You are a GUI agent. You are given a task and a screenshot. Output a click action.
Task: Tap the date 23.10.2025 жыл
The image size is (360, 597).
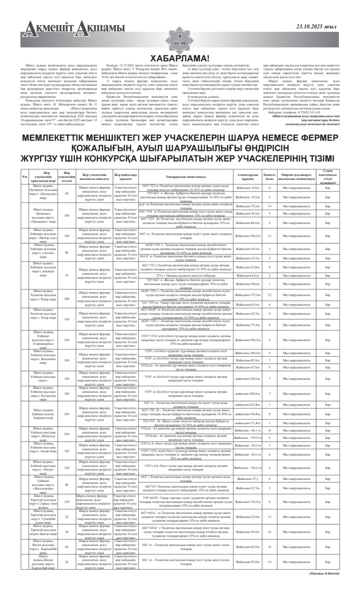point(316,26)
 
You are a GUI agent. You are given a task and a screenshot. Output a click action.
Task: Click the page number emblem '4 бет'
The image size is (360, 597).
point(179,39)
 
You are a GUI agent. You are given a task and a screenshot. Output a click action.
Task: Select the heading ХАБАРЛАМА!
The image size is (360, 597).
point(179,58)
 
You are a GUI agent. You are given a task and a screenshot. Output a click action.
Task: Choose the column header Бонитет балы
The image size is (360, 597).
point(269,176)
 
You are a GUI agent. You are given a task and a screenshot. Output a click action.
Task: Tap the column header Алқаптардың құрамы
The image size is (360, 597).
point(247,176)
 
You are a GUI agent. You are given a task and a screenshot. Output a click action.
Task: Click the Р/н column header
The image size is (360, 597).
point(25,176)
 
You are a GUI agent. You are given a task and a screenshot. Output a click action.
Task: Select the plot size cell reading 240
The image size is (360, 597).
point(67,216)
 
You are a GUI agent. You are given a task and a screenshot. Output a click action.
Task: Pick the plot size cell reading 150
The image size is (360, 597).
point(67,502)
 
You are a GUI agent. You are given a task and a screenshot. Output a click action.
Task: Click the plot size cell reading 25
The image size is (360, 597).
point(67,517)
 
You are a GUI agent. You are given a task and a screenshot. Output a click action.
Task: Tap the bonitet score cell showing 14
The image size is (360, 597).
point(269,206)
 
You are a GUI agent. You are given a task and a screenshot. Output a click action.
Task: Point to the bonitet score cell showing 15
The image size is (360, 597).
point(269,517)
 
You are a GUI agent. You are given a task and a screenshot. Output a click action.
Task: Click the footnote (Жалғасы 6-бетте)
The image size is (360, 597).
point(324,573)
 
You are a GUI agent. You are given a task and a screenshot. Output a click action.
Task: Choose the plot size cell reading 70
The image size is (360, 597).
point(67,275)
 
